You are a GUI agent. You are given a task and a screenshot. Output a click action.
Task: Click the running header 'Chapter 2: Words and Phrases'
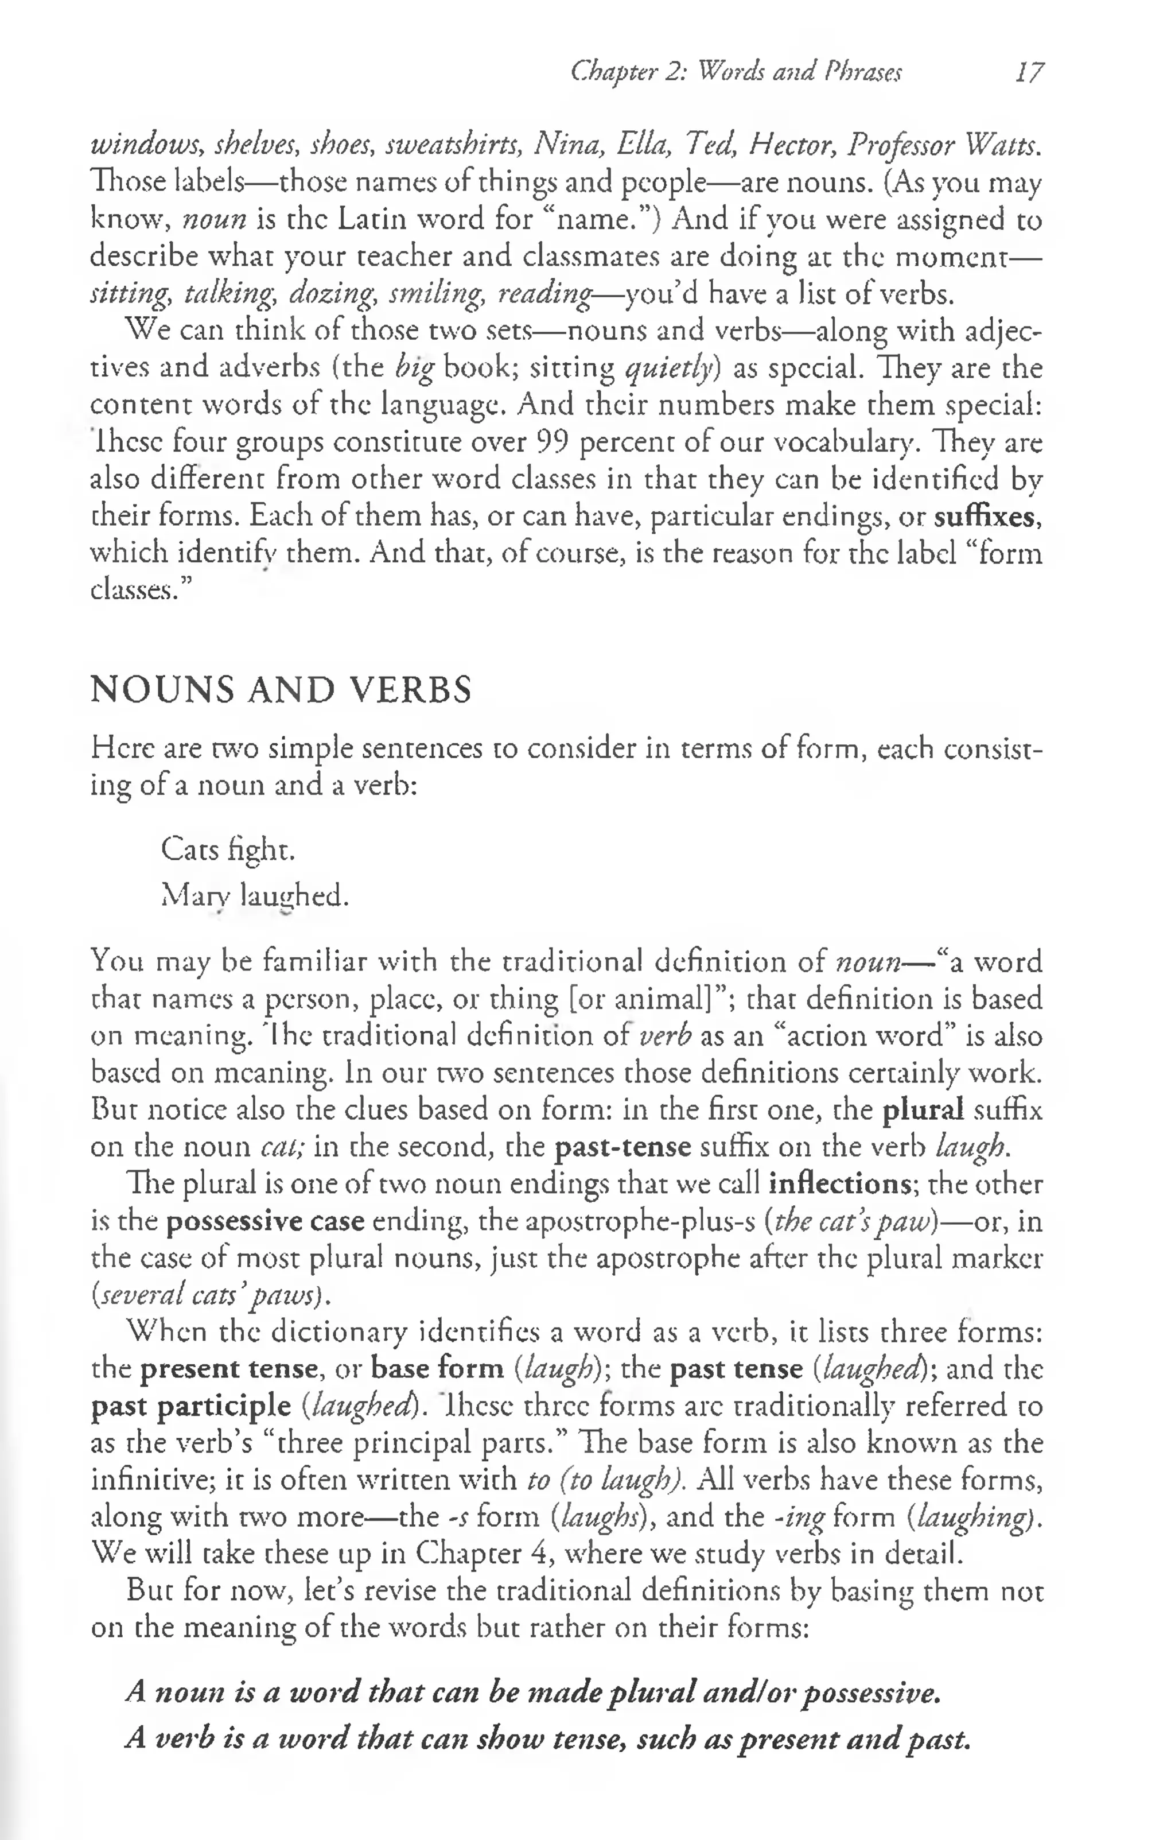[x=736, y=72]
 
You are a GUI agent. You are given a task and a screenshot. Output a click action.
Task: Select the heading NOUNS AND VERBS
[x=281, y=690]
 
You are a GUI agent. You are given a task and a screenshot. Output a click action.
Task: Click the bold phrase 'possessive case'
[x=265, y=1221]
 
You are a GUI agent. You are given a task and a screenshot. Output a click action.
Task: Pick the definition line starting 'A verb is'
[x=548, y=1739]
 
